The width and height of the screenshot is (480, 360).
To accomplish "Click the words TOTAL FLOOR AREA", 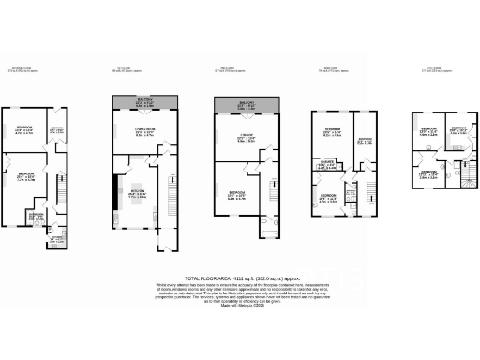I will tap(207, 277).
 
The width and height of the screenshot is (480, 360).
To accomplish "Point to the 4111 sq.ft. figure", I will tap(237, 277).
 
